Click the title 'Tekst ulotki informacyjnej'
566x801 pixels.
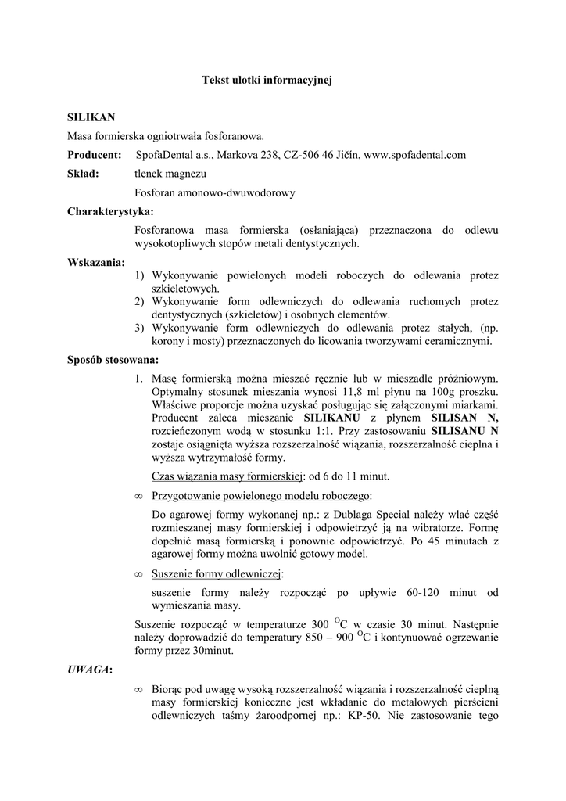click(x=267, y=80)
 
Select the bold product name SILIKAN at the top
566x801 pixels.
click(x=91, y=117)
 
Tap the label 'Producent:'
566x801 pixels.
click(x=94, y=155)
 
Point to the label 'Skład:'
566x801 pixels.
click(x=83, y=174)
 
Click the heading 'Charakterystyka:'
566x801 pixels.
click(x=110, y=211)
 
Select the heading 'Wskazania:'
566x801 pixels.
click(x=96, y=262)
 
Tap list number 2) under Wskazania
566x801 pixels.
click(x=140, y=301)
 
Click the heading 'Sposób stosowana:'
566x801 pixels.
click(x=113, y=360)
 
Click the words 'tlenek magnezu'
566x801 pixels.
click(x=171, y=174)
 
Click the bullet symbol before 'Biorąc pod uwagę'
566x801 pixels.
click(x=138, y=689)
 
